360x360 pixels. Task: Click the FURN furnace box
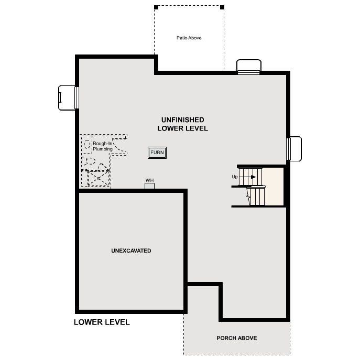157,152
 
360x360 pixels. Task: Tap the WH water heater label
149,180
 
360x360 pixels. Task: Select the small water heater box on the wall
149,186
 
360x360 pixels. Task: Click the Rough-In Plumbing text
103,146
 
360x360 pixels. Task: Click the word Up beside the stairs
235,177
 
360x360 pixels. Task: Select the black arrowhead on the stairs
254,177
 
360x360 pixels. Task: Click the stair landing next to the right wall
272,187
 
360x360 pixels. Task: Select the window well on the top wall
248,67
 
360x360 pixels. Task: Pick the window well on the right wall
294,149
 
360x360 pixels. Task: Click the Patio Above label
189,38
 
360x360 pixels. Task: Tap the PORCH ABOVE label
236,338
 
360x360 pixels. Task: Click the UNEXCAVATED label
131,251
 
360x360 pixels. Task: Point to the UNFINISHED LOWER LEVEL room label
182,124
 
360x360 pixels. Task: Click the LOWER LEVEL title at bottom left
102,322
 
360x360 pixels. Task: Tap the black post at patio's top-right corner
222,7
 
